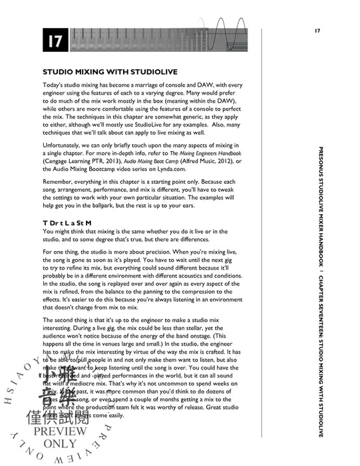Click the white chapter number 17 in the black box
pyautogui.click(x=55, y=41)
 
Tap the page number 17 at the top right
pyautogui.click(x=317, y=31)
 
